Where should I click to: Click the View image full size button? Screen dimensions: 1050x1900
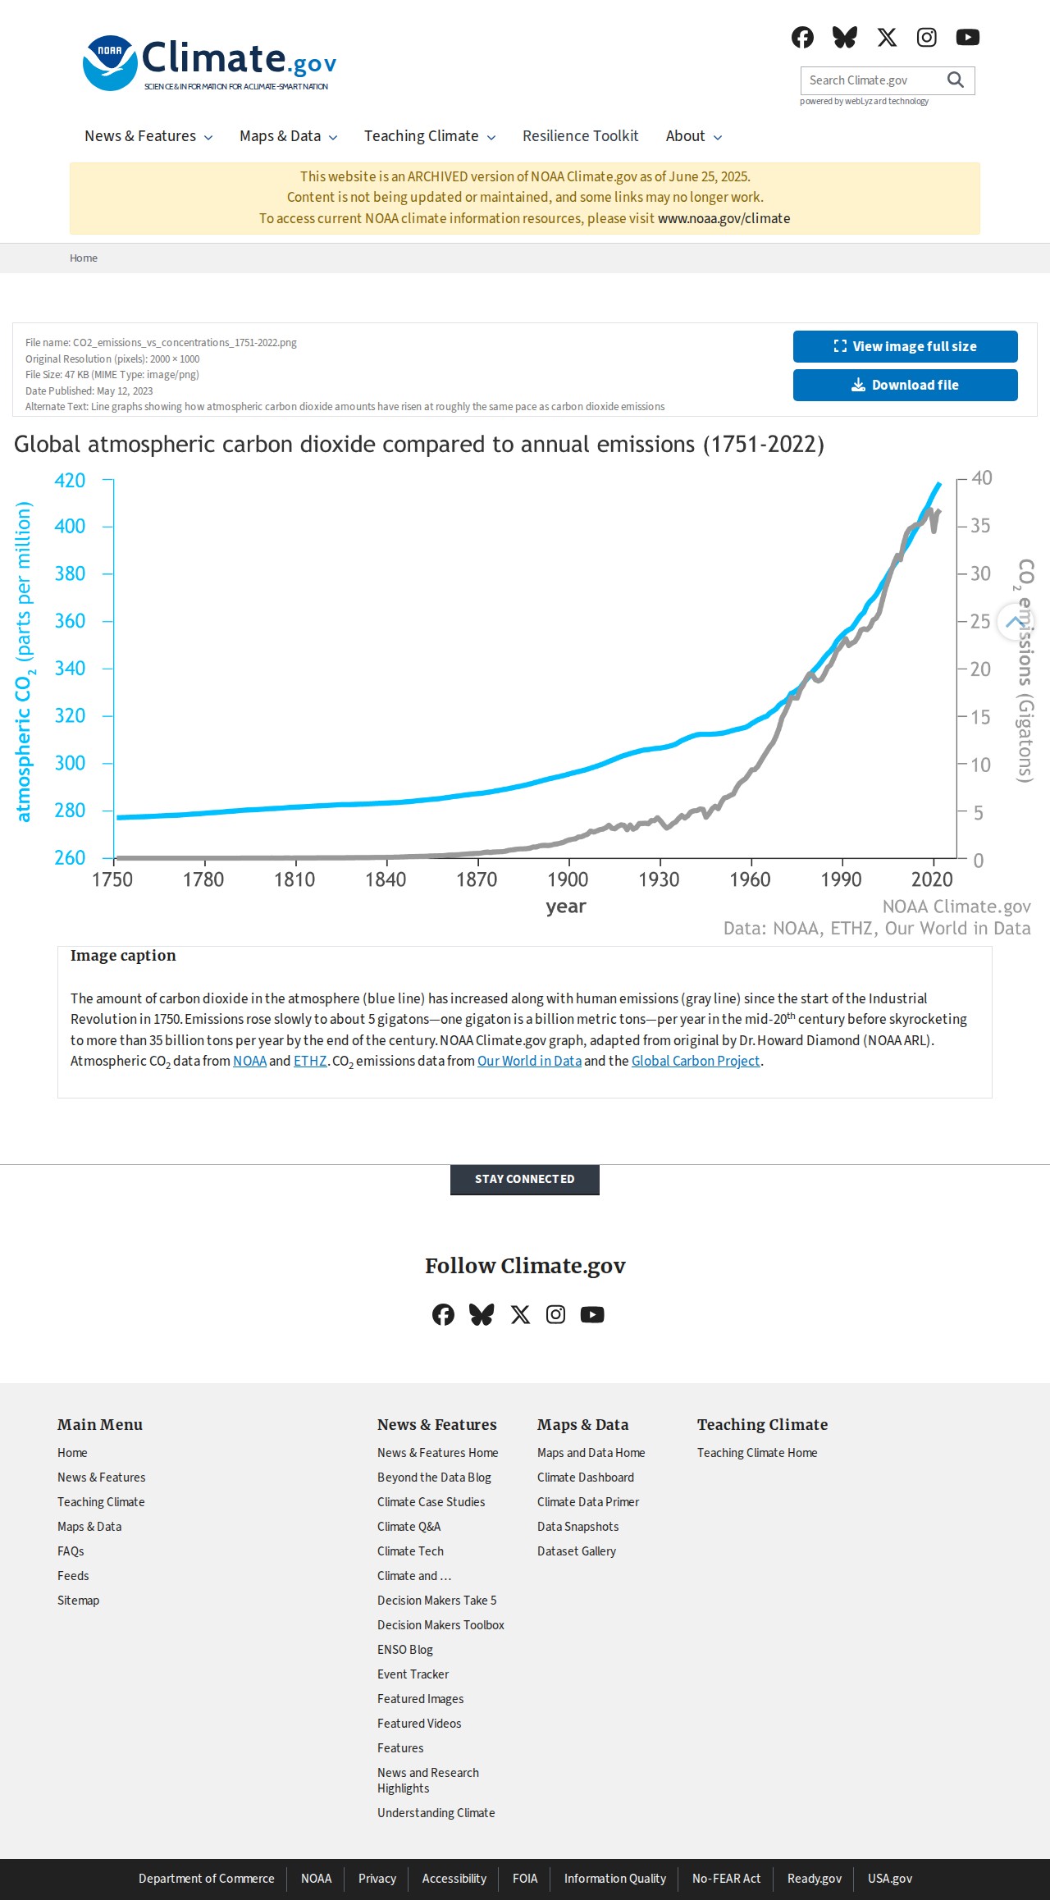pos(905,346)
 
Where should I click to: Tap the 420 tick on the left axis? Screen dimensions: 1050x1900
pos(70,480)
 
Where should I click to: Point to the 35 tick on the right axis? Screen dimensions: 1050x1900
pos(980,526)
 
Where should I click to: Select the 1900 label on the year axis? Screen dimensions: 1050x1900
pos(568,879)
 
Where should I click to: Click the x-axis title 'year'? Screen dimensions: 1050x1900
pos(566,907)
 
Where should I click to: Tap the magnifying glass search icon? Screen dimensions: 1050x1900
pos(956,80)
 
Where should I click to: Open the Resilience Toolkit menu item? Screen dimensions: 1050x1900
pos(581,136)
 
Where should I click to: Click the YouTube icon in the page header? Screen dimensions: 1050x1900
pos(968,37)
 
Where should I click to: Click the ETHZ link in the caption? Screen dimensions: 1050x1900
pos(310,1061)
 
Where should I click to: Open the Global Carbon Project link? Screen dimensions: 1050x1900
pos(696,1061)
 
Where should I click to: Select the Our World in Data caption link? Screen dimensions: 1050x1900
pos(529,1061)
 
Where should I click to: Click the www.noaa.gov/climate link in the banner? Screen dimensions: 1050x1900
pos(724,218)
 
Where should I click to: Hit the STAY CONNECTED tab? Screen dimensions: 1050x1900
pos(525,1179)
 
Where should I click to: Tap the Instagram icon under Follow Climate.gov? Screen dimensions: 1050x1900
pos(556,1314)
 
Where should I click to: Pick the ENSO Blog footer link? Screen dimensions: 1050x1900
pos(405,1649)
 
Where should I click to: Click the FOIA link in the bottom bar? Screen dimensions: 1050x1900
pos(525,1878)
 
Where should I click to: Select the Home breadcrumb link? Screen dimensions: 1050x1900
pos(84,258)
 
